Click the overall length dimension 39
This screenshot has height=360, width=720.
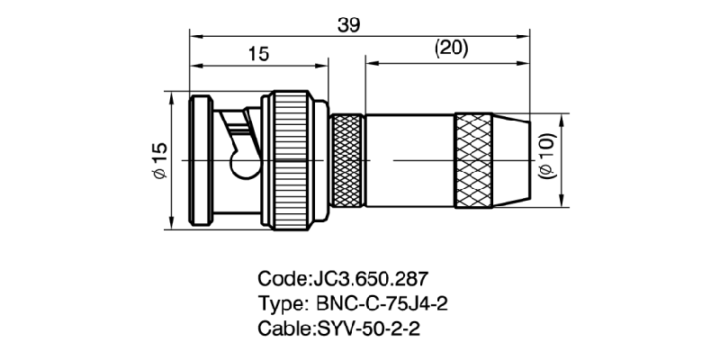coord(348,26)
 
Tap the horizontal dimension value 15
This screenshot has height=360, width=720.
coord(258,55)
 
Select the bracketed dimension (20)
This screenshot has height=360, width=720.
coord(451,49)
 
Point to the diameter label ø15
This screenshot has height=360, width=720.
coord(160,160)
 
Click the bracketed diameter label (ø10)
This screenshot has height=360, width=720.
coord(547,156)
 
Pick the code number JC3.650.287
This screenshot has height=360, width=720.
coord(370,279)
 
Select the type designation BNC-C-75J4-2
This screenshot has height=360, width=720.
coord(382,303)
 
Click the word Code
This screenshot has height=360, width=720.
coord(282,279)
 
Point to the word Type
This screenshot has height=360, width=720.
coord(281,304)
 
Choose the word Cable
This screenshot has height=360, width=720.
coord(283,328)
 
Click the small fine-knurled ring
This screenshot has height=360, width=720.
coord(347,160)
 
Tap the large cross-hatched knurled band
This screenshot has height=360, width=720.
coord(473,160)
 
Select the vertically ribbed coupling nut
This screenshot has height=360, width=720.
coord(291,160)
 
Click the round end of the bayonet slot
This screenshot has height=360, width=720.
coord(243,166)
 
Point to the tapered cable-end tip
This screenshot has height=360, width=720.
coord(511,160)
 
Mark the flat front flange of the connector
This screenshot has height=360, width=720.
coord(201,160)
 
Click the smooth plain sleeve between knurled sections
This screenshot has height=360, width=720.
coord(410,160)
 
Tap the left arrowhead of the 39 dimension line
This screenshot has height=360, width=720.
coord(195,36)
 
